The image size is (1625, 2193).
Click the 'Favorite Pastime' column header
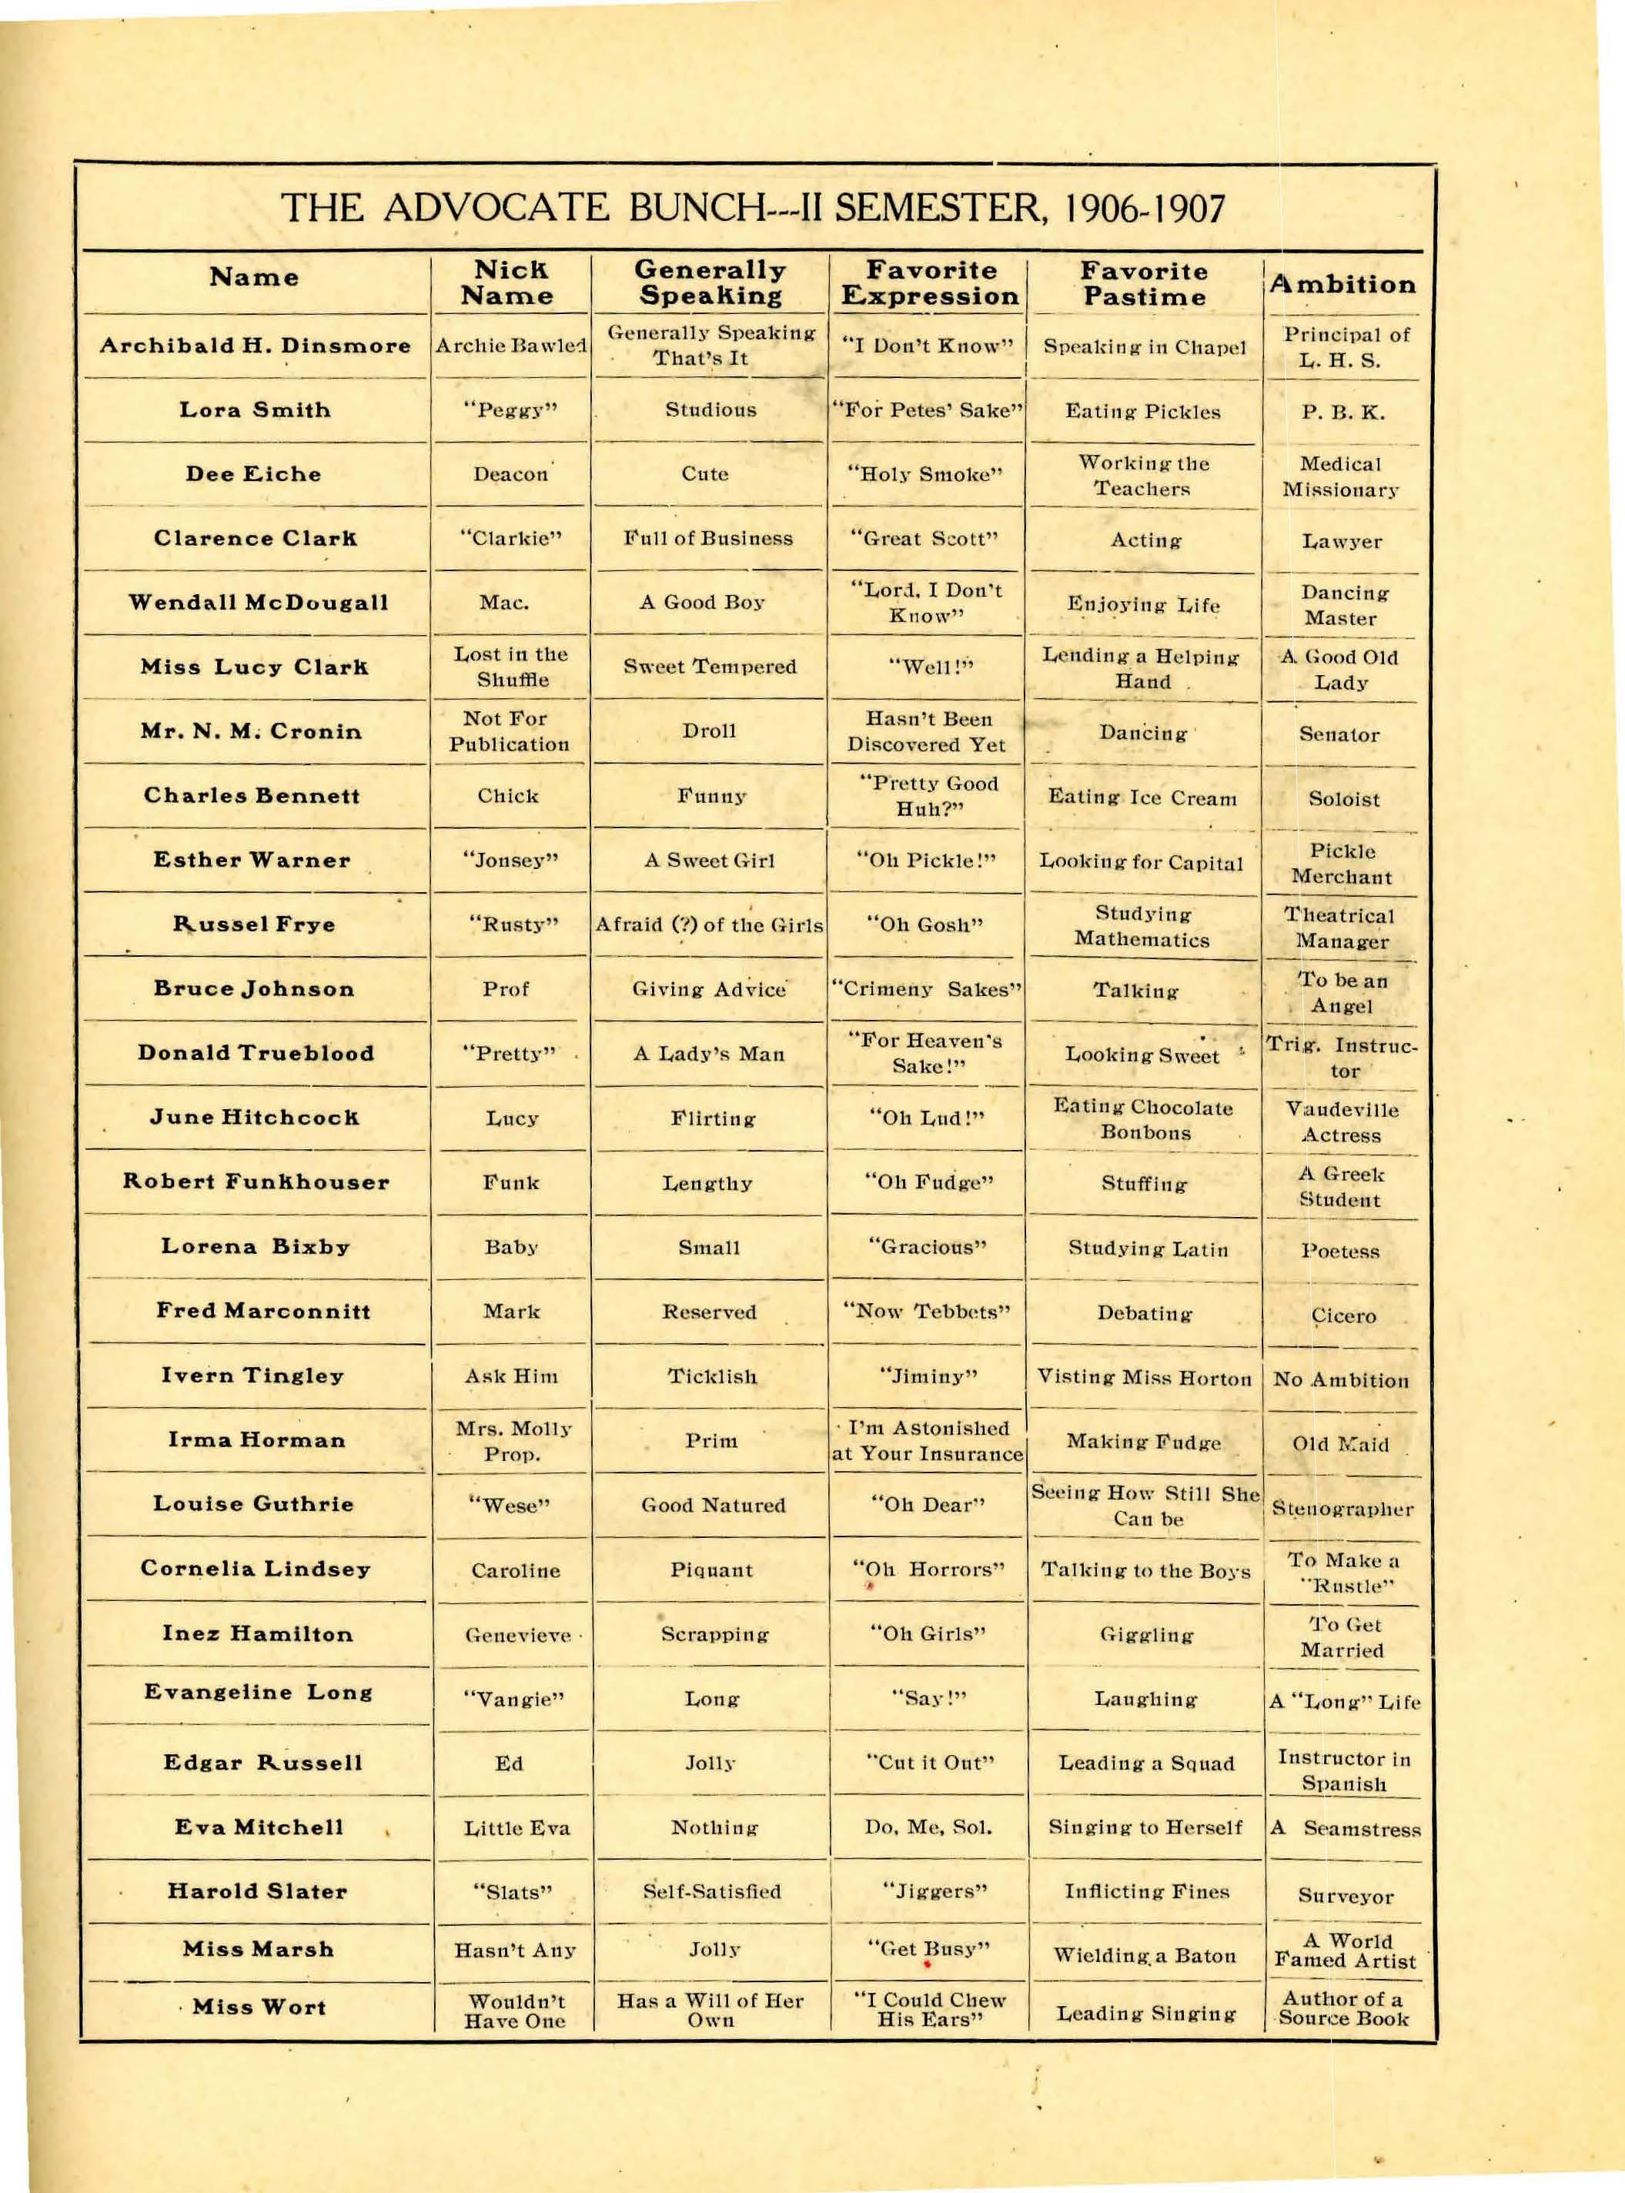pyautogui.click(x=1143, y=284)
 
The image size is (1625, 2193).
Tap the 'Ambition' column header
pyautogui.click(x=1342, y=285)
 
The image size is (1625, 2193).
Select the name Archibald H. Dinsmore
pyautogui.click(x=255, y=346)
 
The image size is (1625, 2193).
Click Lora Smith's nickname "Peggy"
pyautogui.click(x=510, y=410)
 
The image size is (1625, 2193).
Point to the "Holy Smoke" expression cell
pyautogui.click(x=925, y=475)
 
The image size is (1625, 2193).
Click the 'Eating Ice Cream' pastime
pyautogui.click(x=1142, y=797)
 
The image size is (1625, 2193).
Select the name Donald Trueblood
pyautogui.click(x=256, y=1053)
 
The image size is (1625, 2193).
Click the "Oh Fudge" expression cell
pyautogui.click(x=928, y=1182)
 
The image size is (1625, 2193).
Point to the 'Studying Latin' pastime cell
pyautogui.click(x=1148, y=1249)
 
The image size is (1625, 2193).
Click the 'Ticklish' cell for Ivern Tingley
pyautogui.click(x=712, y=1376)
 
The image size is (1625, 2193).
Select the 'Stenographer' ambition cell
pyautogui.click(x=1342, y=1509)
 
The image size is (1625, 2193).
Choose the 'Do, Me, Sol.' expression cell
pyautogui.click(x=928, y=1828)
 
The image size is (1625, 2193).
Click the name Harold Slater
pyautogui.click(x=257, y=1891)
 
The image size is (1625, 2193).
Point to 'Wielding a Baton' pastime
pyautogui.click(x=1144, y=1956)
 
